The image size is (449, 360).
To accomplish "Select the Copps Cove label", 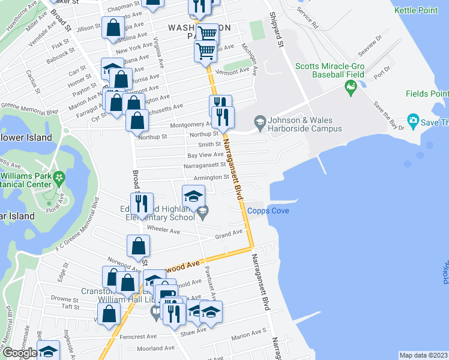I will [x=268, y=211].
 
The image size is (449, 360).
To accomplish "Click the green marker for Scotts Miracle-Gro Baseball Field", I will [x=351, y=88].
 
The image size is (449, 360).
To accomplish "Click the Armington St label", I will [x=210, y=177].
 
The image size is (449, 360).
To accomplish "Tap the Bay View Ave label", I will [x=205, y=155].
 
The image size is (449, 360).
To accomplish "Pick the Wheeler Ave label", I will [x=164, y=230].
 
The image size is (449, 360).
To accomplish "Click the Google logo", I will [x=20, y=353].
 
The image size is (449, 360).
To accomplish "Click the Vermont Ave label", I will [x=236, y=71].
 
